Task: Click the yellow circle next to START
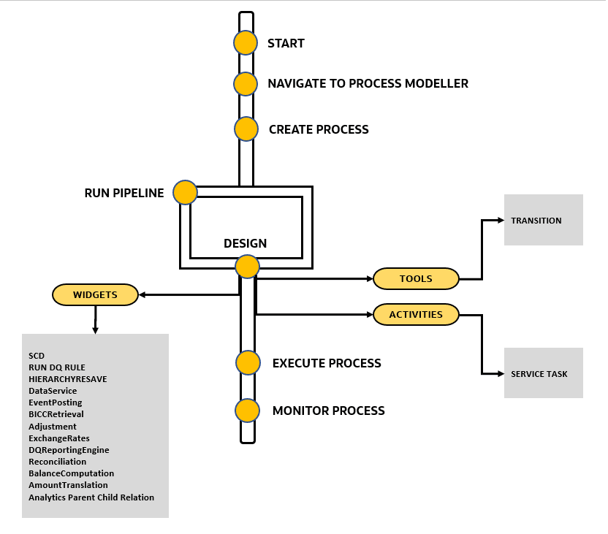coord(246,43)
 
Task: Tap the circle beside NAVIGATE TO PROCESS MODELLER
coord(246,83)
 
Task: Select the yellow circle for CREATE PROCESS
coord(246,129)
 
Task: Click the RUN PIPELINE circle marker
coord(185,193)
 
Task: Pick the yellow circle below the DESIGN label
coord(247,267)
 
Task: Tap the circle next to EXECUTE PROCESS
coord(248,362)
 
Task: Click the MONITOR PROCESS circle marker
coord(248,411)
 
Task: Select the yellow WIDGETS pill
coord(95,295)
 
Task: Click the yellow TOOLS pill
coord(416,278)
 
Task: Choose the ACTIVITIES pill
coord(416,315)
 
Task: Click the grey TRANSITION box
coord(544,220)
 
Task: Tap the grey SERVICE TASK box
coord(544,373)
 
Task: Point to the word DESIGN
coord(245,243)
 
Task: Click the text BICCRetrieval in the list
coord(57,414)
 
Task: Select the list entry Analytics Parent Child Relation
coord(91,497)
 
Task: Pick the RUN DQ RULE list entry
coord(57,367)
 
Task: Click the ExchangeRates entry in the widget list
coord(60,438)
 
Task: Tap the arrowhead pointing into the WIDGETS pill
coord(143,295)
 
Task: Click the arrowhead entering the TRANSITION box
coord(500,220)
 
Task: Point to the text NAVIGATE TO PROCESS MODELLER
coord(368,83)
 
